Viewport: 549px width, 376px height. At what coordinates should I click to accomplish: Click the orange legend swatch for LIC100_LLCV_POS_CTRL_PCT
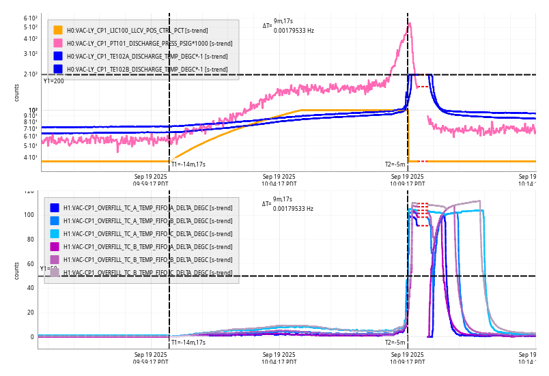pos(58,30)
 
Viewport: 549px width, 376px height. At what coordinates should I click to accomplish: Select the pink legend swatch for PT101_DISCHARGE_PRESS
pos(58,43)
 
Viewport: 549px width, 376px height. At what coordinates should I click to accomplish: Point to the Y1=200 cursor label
pos(53,81)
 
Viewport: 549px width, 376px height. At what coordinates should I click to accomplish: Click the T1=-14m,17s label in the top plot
pos(188,164)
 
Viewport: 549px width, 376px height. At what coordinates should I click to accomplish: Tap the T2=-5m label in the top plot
pos(395,164)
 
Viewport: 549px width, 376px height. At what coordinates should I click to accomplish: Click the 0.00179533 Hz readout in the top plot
pos(294,30)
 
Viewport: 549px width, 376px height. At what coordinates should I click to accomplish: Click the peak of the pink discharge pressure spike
pos(410,23)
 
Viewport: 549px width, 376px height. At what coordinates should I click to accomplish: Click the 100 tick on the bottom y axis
pos(28,215)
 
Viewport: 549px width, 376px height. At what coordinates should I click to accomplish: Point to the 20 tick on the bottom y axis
pos(29,313)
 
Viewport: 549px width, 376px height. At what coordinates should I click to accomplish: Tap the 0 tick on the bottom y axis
pos(31,337)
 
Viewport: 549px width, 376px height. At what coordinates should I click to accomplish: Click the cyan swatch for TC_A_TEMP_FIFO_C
pos(55,234)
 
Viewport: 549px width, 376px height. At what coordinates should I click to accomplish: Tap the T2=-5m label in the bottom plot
pos(395,342)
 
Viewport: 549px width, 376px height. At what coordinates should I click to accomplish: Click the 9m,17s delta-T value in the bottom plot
pos(283,199)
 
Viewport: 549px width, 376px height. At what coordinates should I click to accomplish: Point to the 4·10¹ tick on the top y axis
pos(30,158)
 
